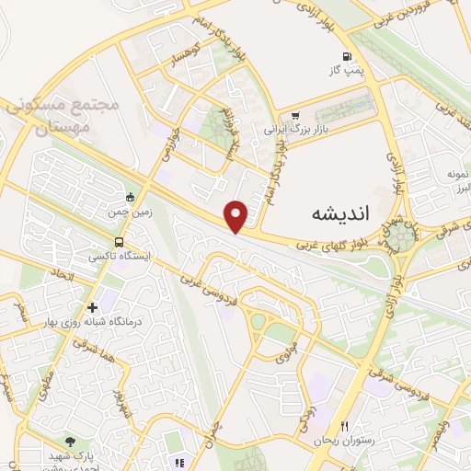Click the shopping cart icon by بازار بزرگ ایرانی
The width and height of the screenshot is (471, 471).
tap(294, 116)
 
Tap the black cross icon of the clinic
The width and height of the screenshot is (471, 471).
tap(91, 308)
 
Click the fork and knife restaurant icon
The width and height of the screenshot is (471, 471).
tap(344, 426)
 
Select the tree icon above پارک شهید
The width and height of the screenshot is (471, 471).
tap(71, 442)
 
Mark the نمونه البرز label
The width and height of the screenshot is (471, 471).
tap(453, 180)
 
